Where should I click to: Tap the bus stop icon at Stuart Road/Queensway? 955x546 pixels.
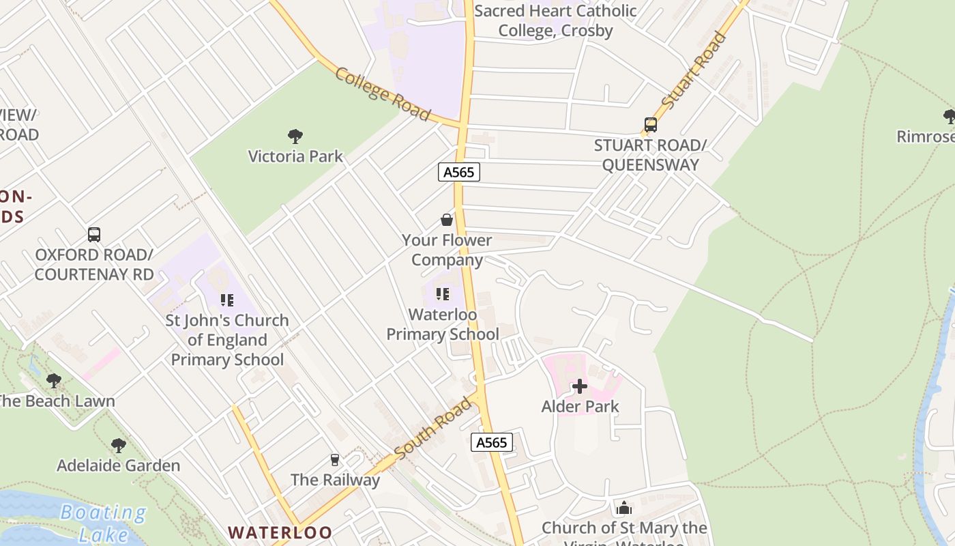point(651,125)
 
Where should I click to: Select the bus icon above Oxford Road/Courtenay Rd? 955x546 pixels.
point(94,235)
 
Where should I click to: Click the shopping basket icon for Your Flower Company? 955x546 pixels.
point(447,220)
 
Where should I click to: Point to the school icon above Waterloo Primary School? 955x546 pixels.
point(443,294)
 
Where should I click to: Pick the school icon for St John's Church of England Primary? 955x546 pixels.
point(227,300)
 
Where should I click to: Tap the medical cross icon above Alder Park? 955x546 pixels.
point(580,387)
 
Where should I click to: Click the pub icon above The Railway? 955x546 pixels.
point(335,460)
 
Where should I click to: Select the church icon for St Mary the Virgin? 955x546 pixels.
point(624,508)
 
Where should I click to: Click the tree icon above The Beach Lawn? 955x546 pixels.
point(54,381)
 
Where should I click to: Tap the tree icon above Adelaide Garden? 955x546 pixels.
point(119,446)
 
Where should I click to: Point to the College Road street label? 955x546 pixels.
point(383,94)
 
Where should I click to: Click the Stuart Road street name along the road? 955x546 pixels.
point(694,70)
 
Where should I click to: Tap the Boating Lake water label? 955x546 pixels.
point(102,523)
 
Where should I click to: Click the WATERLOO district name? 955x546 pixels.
point(280,532)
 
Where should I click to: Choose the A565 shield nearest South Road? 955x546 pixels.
point(492,442)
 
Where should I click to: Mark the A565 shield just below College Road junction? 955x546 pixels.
point(459,172)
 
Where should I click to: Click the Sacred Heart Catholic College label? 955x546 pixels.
point(555,20)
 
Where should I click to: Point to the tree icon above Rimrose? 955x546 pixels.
point(949,117)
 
